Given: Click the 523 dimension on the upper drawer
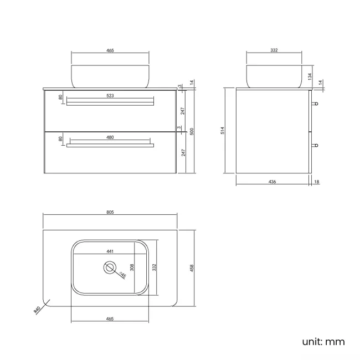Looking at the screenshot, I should [x=110, y=96].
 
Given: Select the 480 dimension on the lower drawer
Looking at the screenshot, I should [x=110, y=137].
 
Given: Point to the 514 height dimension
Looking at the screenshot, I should [x=222, y=131].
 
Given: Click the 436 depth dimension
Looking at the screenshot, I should [x=272, y=181].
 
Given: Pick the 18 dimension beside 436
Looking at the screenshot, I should [x=316, y=181].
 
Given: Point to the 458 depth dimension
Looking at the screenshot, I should [x=192, y=268].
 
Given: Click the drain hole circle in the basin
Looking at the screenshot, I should [x=110, y=268].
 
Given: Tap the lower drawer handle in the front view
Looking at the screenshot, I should [x=110, y=146].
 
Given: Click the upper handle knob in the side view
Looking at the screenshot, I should [x=315, y=104].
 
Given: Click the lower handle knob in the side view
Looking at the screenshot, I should [x=315, y=146].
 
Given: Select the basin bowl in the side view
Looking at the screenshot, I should [x=274, y=76].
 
